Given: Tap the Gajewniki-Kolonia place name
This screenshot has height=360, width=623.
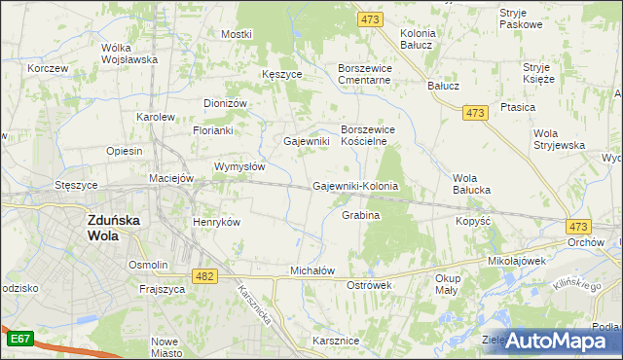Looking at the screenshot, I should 356,186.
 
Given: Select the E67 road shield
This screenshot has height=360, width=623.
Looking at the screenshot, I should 19,339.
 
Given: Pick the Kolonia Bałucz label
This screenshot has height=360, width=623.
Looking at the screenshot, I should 418,39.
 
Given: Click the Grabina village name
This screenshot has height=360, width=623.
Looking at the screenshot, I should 360,215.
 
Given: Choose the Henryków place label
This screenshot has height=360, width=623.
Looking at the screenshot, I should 216,222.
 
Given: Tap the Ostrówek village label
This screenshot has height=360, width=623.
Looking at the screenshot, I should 369,285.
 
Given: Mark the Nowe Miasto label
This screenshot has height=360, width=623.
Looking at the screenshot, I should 165,348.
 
